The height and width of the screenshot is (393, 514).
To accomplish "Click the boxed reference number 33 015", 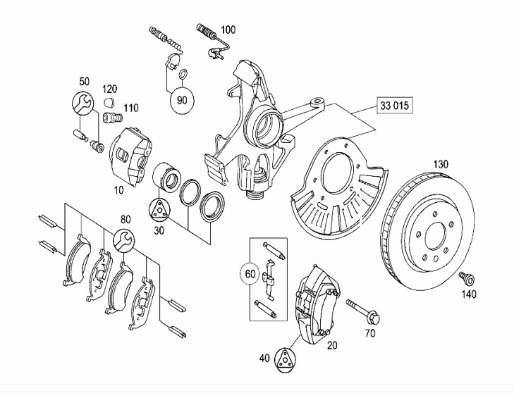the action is [x=394, y=106].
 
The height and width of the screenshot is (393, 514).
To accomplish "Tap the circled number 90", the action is [x=182, y=100].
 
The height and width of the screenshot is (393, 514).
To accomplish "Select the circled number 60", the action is [x=250, y=273].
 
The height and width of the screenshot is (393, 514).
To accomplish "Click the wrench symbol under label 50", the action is [x=82, y=103].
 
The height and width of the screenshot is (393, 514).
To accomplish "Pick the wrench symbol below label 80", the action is [x=124, y=240].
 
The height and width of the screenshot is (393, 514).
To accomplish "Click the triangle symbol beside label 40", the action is [x=284, y=361].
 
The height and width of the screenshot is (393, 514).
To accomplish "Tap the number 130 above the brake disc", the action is [x=441, y=163].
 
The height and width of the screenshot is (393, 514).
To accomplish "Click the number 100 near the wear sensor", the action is [x=228, y=30].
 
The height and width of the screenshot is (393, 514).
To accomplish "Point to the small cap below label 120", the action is [x=109, y=102].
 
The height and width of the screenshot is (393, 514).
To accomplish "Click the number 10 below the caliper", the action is [x=118, y=190].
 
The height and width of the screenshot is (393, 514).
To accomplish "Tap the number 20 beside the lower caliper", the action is [x=332, y=345].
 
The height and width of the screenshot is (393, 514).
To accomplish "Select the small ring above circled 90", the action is [x=184, y=75].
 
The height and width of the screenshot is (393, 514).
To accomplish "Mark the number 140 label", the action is [x=469, y=294].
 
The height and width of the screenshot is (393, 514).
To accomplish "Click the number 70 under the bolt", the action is [x=370, y=333].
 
